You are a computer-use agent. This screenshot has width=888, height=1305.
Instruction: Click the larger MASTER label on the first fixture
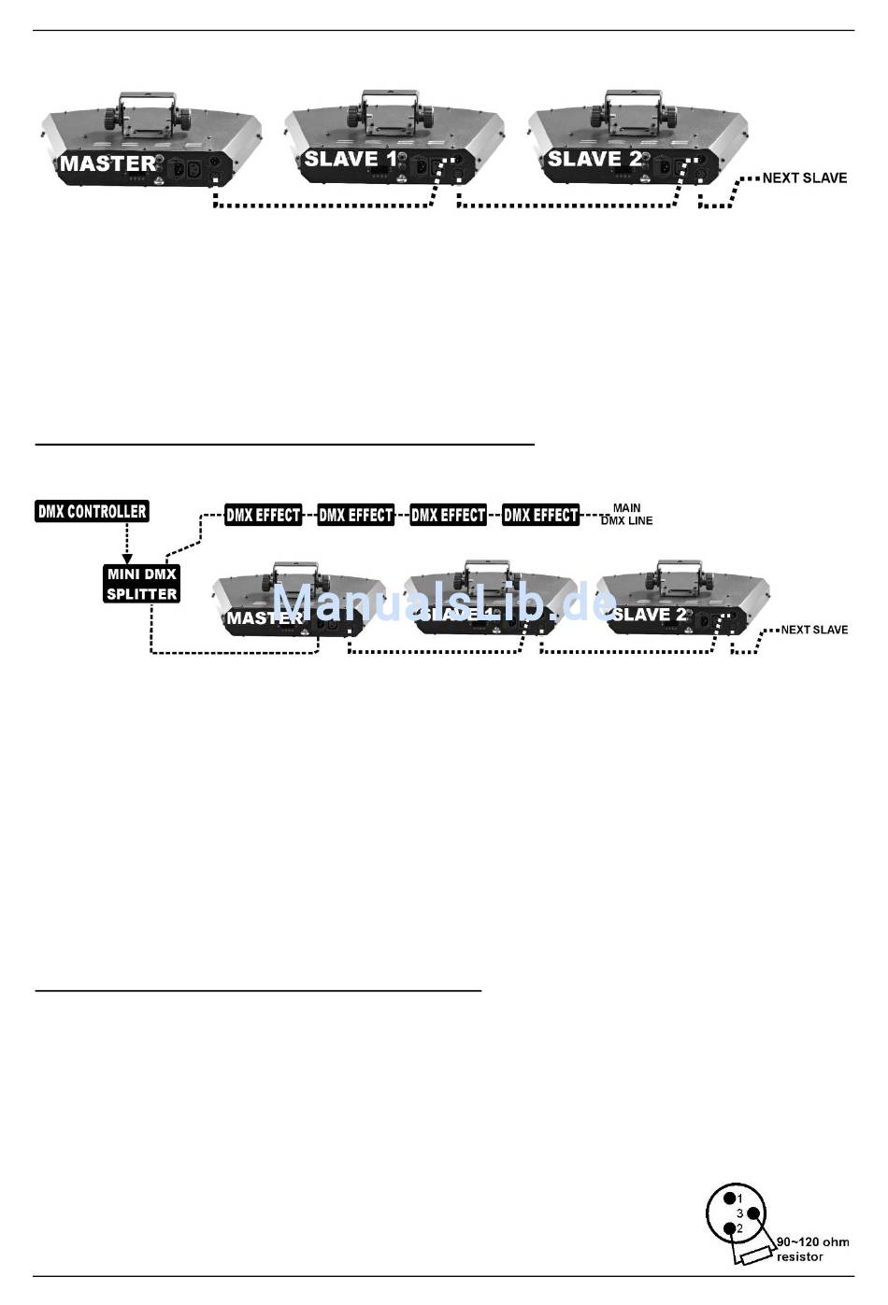[107, 164]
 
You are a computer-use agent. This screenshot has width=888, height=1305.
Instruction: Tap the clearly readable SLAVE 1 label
[351, 160]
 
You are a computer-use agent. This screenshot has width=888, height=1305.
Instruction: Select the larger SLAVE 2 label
[594, 160]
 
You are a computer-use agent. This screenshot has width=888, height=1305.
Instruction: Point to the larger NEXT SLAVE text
[804, 177]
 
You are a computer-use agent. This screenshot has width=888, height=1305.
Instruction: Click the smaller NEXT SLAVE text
[814, 630]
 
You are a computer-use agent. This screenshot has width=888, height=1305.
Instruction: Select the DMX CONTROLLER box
[92, 511]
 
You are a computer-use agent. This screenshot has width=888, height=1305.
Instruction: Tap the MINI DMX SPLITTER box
[141, 584]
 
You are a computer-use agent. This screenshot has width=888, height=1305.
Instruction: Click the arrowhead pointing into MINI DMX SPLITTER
[128, 558]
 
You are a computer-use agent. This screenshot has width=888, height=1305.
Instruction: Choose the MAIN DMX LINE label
[626, 515]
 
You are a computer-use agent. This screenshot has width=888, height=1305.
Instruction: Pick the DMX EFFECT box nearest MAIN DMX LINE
[540, 515]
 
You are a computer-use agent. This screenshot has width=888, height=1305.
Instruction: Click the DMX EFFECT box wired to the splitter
[263, 515]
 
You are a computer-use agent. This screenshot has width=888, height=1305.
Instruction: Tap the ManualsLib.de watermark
[444, 603]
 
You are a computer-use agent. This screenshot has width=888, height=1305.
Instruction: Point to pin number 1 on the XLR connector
[729, 1198]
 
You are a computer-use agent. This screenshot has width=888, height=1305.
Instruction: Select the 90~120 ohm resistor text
[811, 1249]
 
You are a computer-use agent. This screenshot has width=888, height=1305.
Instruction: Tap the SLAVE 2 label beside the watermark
[650, 615]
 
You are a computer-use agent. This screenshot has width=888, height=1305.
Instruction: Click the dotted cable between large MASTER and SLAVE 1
[322, 205]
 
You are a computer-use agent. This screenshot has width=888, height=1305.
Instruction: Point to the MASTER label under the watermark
[264, 618]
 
